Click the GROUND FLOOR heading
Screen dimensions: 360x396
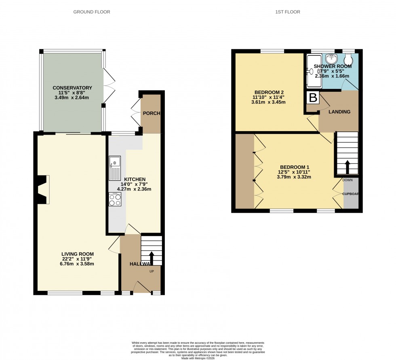pos(91,12)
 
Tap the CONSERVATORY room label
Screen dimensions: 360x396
pos(72,88)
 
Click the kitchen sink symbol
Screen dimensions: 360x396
pos(114,168)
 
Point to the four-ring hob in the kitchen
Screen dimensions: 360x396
pos(115,200)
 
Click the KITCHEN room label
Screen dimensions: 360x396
pos(135,180)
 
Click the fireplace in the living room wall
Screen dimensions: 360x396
pos(43,189)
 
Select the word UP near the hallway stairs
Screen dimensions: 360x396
pos(152,271)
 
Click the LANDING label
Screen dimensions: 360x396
pos(339,112)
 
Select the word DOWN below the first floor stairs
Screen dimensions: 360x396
pos(347,180)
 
